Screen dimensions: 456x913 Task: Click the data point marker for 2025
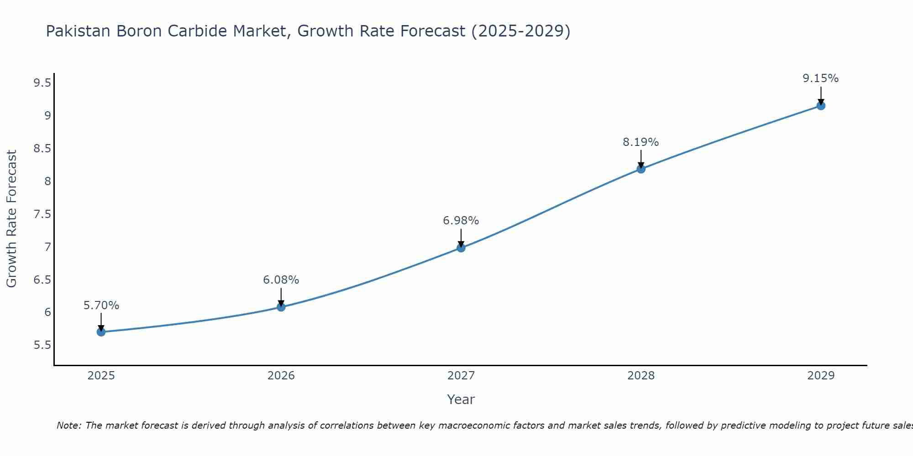[x=101, y=332]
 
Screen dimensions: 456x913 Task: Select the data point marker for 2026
[x=281, y=307]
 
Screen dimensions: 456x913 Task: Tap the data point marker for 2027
[x=461, y=248]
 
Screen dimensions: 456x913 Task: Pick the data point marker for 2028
[x=641, y=169]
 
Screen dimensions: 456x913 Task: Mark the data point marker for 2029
[x=821, y=106]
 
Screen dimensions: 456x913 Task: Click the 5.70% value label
[x=101, y=306]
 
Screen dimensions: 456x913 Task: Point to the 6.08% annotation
[x=281, y=280]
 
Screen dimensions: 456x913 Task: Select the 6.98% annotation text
[x=461, y=221]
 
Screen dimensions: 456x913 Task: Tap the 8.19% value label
[x=641, y=142]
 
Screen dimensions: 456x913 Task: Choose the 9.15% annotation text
[x=821, y=78]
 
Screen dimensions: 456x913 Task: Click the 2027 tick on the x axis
[x=461, y=376]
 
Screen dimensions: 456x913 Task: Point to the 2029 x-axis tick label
[x=821, y=376]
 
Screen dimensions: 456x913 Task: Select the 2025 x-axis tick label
[x=101, y=376]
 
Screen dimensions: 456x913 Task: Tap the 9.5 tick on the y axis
[x=42, y=83]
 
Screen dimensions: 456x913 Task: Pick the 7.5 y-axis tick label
[x=42, y=214]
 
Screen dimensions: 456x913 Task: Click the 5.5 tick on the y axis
[x=42, y=345]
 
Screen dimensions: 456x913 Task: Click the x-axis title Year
[x=461, y=399]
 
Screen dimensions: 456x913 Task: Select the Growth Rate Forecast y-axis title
[x=12, y=219]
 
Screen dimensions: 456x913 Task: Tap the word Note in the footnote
[x=68, y=425]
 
